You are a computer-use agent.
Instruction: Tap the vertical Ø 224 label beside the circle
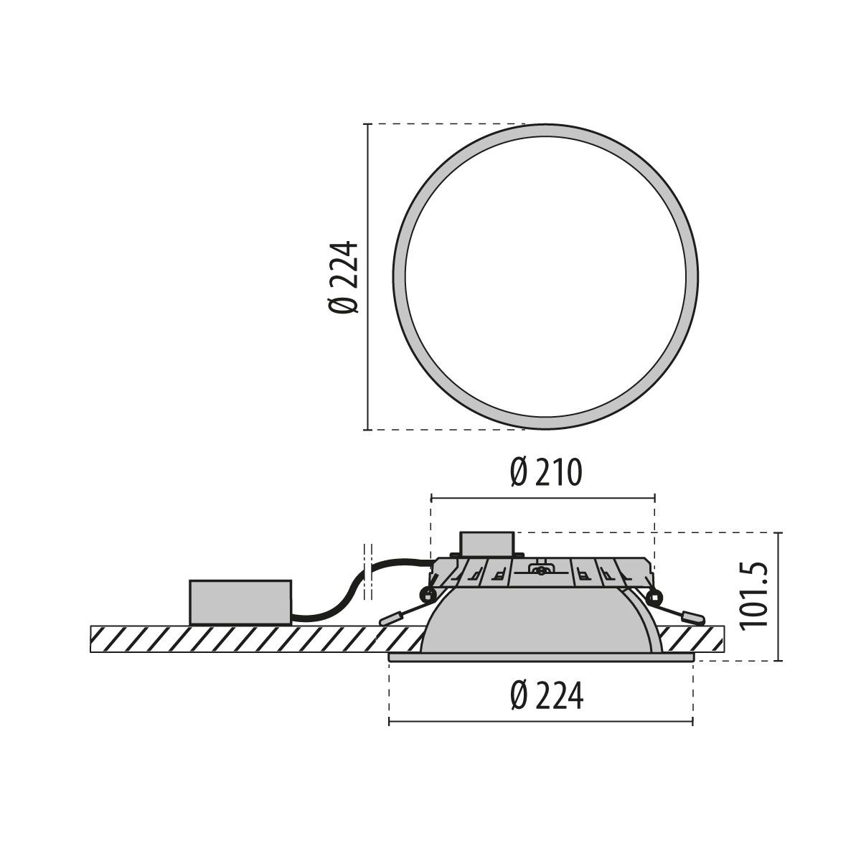coord(343,277)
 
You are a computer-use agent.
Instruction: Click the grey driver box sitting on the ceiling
coord(240,602)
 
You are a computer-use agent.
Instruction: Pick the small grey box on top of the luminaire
coord(487,543)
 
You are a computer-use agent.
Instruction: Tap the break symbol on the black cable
coord(369,570)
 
